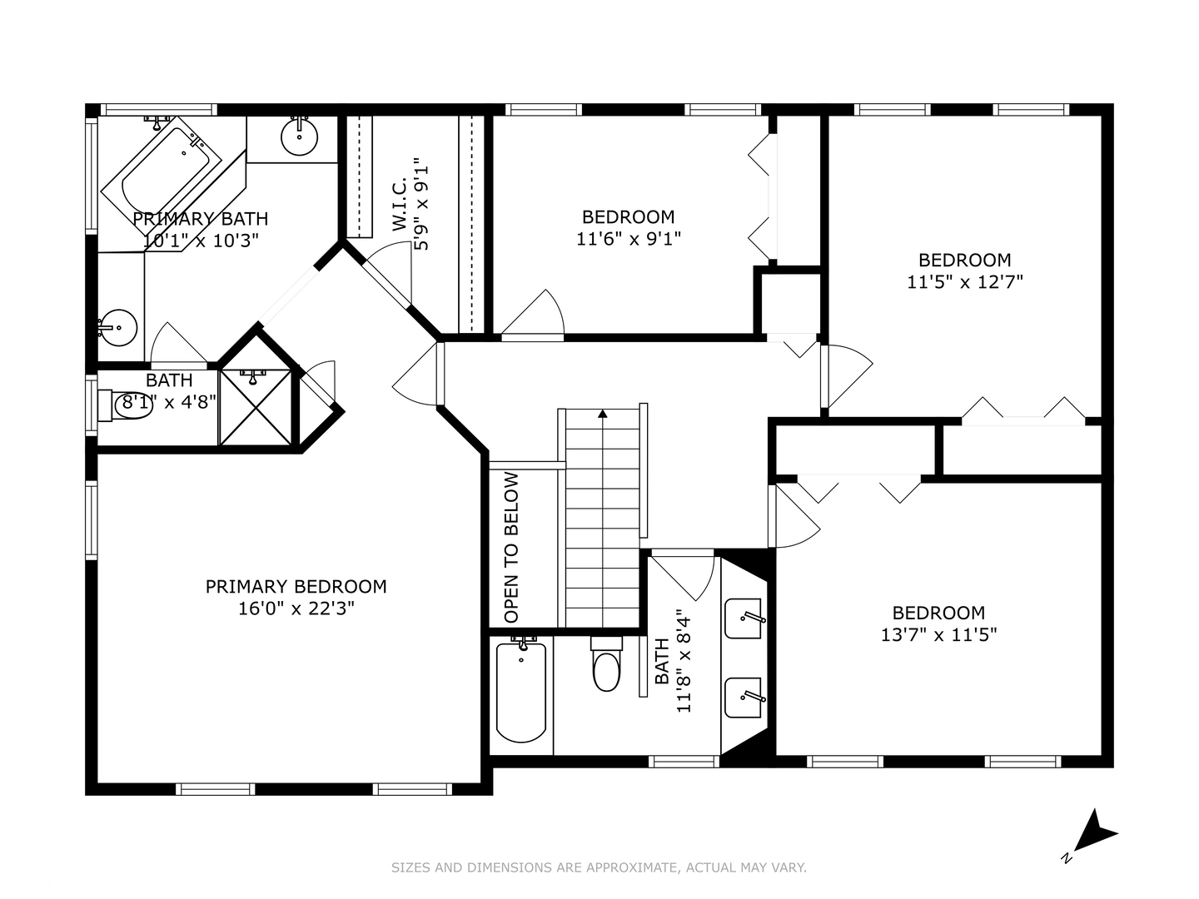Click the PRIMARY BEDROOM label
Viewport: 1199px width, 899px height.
296,586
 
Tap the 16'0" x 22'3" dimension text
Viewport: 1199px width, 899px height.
296,608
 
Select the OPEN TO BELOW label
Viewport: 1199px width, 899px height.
511,547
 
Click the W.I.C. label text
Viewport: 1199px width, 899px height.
399,203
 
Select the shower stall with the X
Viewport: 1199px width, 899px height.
256,407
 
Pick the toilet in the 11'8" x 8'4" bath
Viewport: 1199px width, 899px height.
606,666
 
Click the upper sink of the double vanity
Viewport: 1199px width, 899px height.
744,618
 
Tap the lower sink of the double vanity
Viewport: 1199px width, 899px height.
744,698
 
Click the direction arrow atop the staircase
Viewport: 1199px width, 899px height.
603,412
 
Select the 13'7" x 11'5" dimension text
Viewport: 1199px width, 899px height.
938,635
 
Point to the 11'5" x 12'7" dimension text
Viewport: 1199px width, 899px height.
964,282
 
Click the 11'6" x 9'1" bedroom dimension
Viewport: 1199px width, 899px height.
628,239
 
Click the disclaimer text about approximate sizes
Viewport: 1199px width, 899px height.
599,867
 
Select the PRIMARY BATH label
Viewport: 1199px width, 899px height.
201,219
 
